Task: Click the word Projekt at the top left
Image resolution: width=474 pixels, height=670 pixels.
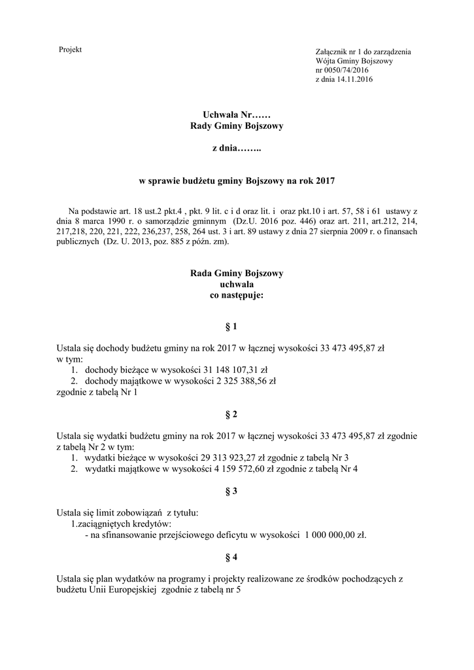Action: (70, 50)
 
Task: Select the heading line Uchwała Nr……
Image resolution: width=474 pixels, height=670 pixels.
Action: (236, 115)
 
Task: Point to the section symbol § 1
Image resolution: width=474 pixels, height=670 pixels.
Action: (236, 326)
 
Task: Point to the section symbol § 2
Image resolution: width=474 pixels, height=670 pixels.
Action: (236, 414)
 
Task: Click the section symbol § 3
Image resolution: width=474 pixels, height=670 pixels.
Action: (236, 490)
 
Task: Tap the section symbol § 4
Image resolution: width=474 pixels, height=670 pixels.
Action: (236, 557)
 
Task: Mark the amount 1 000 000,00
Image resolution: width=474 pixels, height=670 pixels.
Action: (329, 535)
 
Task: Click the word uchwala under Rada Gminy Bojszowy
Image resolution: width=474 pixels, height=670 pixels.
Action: (236, 284)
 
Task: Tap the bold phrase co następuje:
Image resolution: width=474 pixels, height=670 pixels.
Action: (236, 295)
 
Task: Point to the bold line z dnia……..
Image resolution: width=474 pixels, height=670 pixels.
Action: (236, 149)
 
